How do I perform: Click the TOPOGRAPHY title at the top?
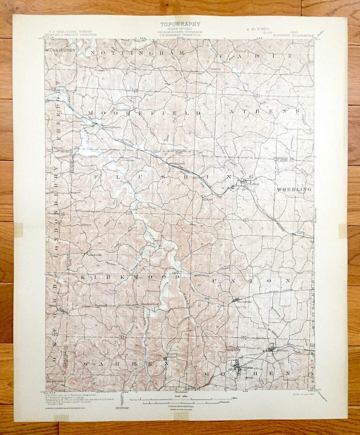(x=180, y=24)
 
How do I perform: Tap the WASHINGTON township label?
(x=60, y=50)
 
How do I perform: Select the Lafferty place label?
(x=301, y=233)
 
